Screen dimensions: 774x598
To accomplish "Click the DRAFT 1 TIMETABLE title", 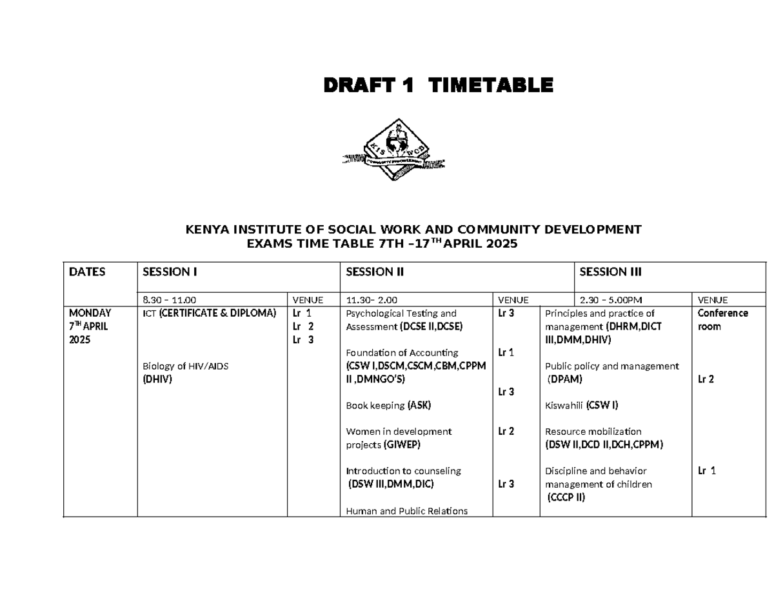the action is (438, 85).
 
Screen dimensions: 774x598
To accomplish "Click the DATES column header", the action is (87, 272).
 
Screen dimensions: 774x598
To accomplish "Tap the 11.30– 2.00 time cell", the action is (372, 300).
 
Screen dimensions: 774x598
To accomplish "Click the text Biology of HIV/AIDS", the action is (185, 366).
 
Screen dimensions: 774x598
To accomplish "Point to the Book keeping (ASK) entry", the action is (388, 406).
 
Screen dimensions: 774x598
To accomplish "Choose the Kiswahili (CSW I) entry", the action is (582, 406).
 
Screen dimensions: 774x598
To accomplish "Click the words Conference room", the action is (722, 320).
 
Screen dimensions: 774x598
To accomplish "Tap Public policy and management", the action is (611, 366).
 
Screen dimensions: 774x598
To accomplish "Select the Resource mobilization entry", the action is (593, 432).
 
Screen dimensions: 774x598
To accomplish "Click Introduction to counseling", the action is (403, 471).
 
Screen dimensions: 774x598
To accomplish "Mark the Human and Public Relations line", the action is (406, 511).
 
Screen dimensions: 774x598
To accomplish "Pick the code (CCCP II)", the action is (566, 497).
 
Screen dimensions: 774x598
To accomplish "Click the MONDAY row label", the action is (90, 314).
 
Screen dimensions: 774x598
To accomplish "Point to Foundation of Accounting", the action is (402, 353).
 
